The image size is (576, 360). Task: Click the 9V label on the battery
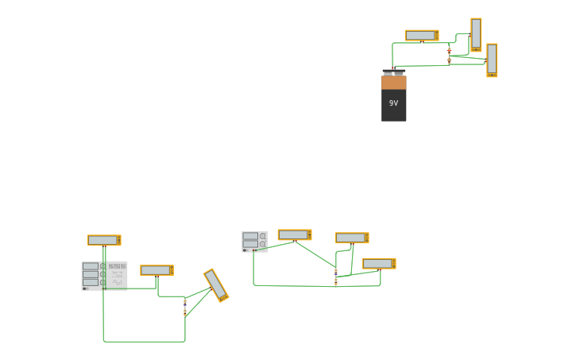click(393, 103)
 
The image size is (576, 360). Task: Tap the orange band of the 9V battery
click(393, 83)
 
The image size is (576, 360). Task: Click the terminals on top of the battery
click(393, 72)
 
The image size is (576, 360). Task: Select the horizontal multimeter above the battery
click(422, 36)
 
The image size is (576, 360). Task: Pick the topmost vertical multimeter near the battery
click(476, 34)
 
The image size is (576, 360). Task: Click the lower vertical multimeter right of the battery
click(492, 60)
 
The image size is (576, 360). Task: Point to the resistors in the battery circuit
click(449, 55)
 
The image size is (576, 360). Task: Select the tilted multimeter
click(216, 285)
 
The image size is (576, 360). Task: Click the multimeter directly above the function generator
click(104, 240)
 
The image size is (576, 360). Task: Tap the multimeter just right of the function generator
click(157, 270)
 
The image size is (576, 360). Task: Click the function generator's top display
click(91, 266)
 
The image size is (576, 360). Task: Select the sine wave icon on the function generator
click(118, 282)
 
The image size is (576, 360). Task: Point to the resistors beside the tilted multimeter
click(185, 307)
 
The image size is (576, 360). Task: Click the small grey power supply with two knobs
click(254, 242)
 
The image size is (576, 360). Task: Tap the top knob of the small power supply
click(262, 236)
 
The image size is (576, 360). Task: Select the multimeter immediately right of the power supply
click(294, 234)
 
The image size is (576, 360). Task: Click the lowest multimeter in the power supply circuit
click(379, 263)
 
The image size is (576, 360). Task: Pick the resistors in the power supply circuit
click(336, 277)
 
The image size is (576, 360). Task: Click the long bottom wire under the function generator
click(143, 342)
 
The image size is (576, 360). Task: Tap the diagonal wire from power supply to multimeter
click(315, 254)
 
